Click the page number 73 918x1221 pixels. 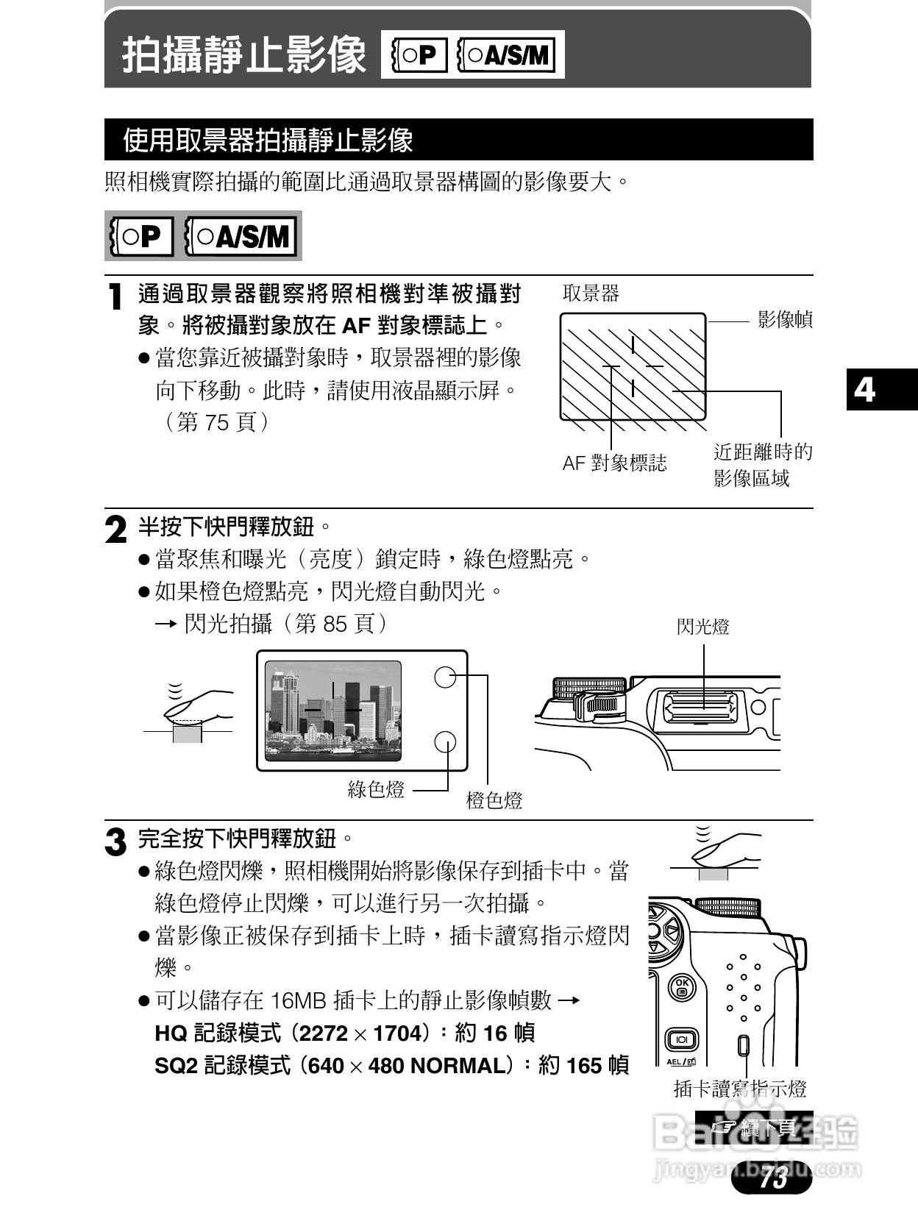773,1178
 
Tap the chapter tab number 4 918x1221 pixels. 865,389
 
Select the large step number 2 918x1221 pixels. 115,530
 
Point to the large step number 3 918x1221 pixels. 115,841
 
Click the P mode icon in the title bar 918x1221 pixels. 416,54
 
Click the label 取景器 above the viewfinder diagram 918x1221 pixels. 591,293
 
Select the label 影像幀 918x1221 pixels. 785,320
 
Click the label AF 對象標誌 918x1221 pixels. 614,463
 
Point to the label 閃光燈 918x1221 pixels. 702,627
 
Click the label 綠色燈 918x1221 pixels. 376,790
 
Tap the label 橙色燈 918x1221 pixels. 494,801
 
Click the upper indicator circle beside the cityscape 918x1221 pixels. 446,677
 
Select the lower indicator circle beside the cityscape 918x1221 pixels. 446,742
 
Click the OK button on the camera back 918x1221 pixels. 682,987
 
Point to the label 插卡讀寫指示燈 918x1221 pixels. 740,1089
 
